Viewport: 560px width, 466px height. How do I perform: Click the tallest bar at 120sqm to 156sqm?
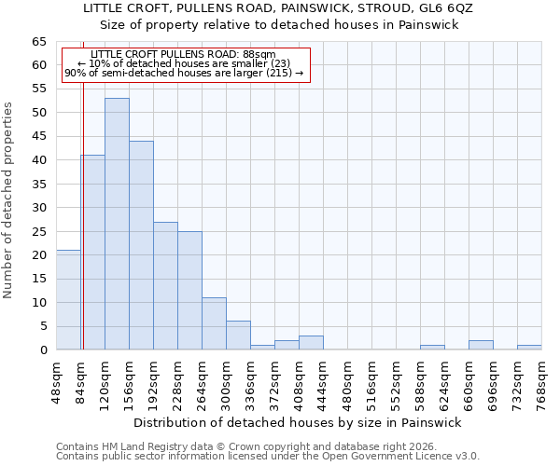tap(117, 224)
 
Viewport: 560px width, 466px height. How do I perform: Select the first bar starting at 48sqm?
tap(68, 300)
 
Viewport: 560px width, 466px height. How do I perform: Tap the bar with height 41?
tap(93, 252)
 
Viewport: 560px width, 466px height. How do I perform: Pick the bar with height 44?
tap(141, 245)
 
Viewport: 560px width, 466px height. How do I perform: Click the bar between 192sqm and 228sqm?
tap(165, 285)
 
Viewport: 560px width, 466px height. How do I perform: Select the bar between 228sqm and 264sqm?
tap(189, 290)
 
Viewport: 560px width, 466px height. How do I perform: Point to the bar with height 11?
tap(214, 323)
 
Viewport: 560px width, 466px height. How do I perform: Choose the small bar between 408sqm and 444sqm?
tap(311, 342)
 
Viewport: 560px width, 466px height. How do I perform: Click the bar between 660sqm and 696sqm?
tap(481, 345)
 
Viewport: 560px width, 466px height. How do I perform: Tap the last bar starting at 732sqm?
tap(529, 347)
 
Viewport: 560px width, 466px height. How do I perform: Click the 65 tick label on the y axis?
tap(38, 42)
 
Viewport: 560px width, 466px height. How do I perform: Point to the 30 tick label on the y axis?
tap(38, 208)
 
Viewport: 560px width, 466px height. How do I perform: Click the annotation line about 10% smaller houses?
tap(184, 63)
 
